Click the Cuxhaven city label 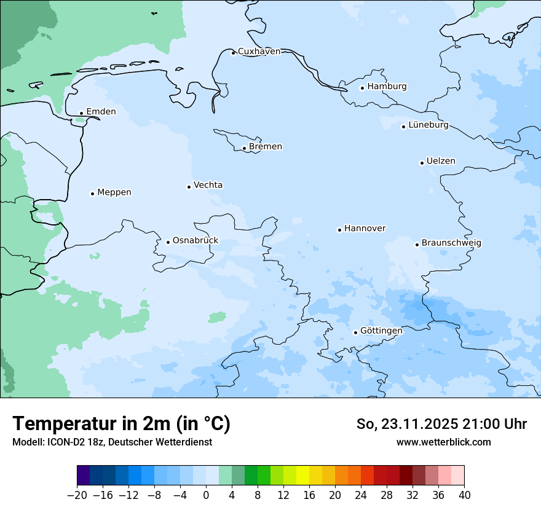tap(259, 52)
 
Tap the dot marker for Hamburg tap(362, 88)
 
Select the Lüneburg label tap(428, 125)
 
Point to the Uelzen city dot tap(422, 163)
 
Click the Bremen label tap(266, 147)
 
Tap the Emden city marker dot tap(81, 113)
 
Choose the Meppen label tap(114, 192)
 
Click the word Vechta tap(208, 185)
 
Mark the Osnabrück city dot tap(168, 242)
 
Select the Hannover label tap(365, 229)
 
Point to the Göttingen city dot tap(355, 332)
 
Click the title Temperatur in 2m tap(121, 424)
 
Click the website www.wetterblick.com tap(443, 442)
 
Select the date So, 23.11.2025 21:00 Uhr tap(441, 424)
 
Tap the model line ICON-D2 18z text tap(112, 442)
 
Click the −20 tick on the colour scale tap(77, 495)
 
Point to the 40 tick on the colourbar tap(464, 495)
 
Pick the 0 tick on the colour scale tap(206, 495)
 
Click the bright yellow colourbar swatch tap(302, 476)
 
